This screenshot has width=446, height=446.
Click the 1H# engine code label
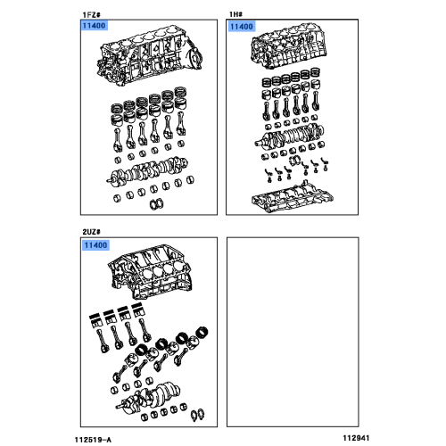pyautogui.click(x=236, y=16)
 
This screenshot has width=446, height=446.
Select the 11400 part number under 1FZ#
pyautogui.click(x=92, y=28)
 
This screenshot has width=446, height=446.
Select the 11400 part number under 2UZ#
pyautogui.click(x=92, y=244)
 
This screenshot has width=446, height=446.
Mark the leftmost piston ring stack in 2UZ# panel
pyautogui.click(x=95, y=316)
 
